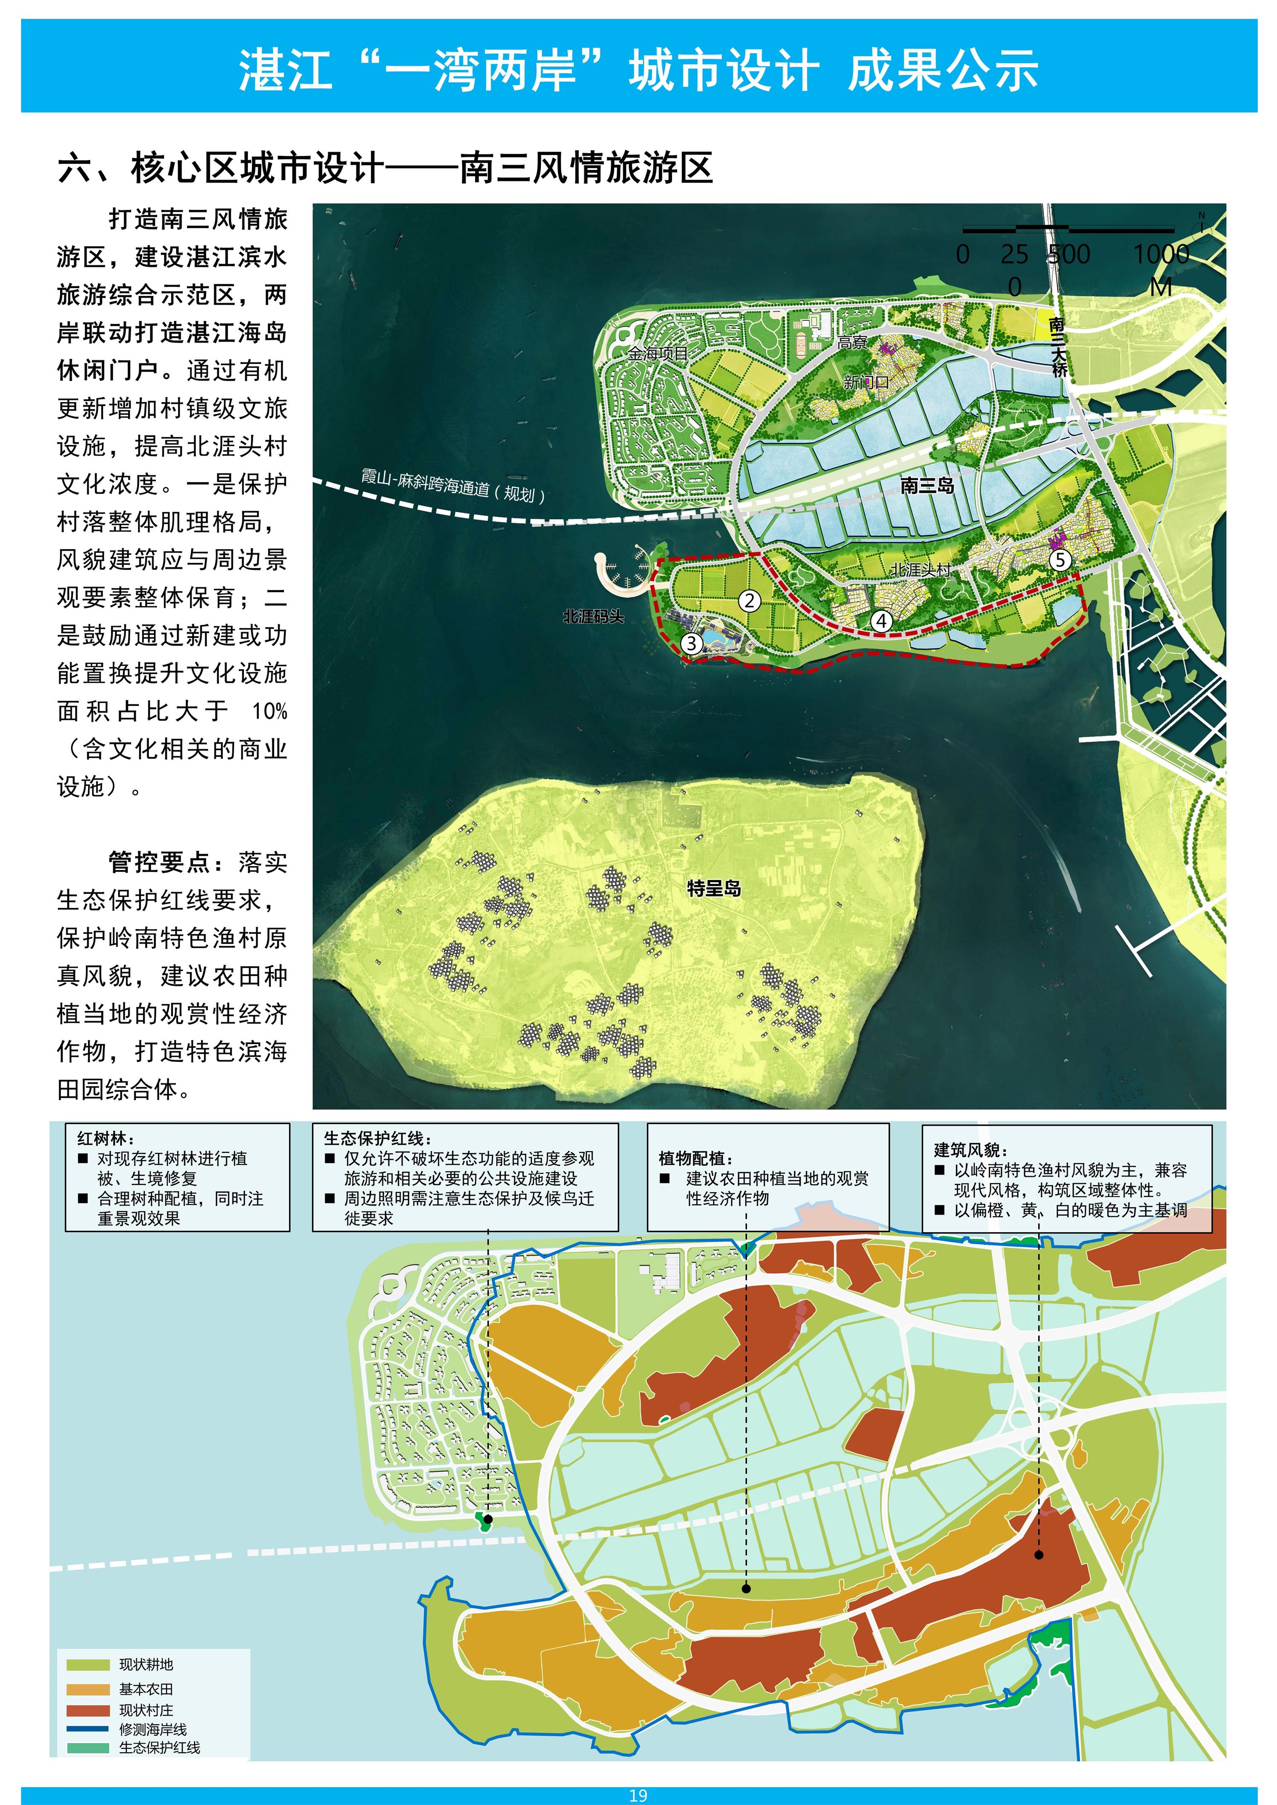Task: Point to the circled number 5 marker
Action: pyautogui.click(x=1060, y=560)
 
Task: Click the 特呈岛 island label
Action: pyautogui.click(x=714, y=888)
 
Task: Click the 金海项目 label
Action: pyautogui.click(x=657, y=354)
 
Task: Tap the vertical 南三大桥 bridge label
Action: pyautogui.click(x=1058, y=346)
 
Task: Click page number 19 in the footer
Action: pyautogui.click(x=638, y=1796)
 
